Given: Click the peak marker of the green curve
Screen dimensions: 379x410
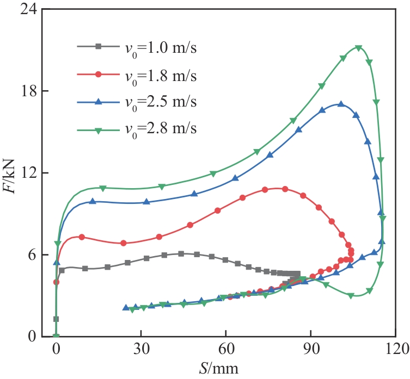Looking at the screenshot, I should click(358, 48).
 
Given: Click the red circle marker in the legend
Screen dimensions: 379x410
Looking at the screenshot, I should click(98, 74).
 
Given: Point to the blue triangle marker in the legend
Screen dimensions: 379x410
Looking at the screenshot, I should click(98, 102).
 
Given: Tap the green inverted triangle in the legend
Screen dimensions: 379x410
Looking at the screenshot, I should click(98, 129).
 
